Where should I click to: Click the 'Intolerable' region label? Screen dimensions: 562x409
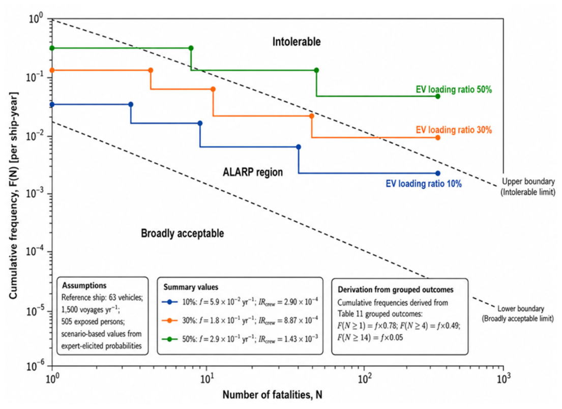tap(297, 42)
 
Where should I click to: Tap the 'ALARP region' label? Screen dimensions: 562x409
tap(253, 172)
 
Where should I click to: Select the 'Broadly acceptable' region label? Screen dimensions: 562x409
tap(183, 233)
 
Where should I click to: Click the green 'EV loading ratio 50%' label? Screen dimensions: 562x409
tap(454, 89)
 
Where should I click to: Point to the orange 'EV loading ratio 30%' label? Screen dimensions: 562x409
tap(454, 130)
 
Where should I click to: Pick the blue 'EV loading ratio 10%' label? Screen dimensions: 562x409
tap(424, 184)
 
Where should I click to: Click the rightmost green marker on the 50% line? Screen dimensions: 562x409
tap(437, 97)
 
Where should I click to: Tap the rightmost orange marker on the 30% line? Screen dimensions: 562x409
tap(437, 138)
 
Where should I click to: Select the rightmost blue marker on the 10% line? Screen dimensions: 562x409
tap(437, 173)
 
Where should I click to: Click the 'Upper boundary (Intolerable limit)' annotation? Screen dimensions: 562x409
tap(528, 187)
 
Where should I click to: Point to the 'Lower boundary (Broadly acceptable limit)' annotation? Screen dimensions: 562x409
tap(518, 313)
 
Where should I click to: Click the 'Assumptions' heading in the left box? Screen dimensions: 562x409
tap(84, 286)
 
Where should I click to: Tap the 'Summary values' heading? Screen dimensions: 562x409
tap(191, 287)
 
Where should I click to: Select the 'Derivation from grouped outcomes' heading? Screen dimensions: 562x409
tap(396, 289)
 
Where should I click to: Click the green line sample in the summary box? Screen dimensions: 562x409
tap(170, 339)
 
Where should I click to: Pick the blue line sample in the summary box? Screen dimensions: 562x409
tap(170, 302)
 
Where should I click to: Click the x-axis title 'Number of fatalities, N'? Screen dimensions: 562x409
tap(273, 395)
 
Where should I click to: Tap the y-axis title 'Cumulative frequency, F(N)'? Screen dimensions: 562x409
tap(13, 195)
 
